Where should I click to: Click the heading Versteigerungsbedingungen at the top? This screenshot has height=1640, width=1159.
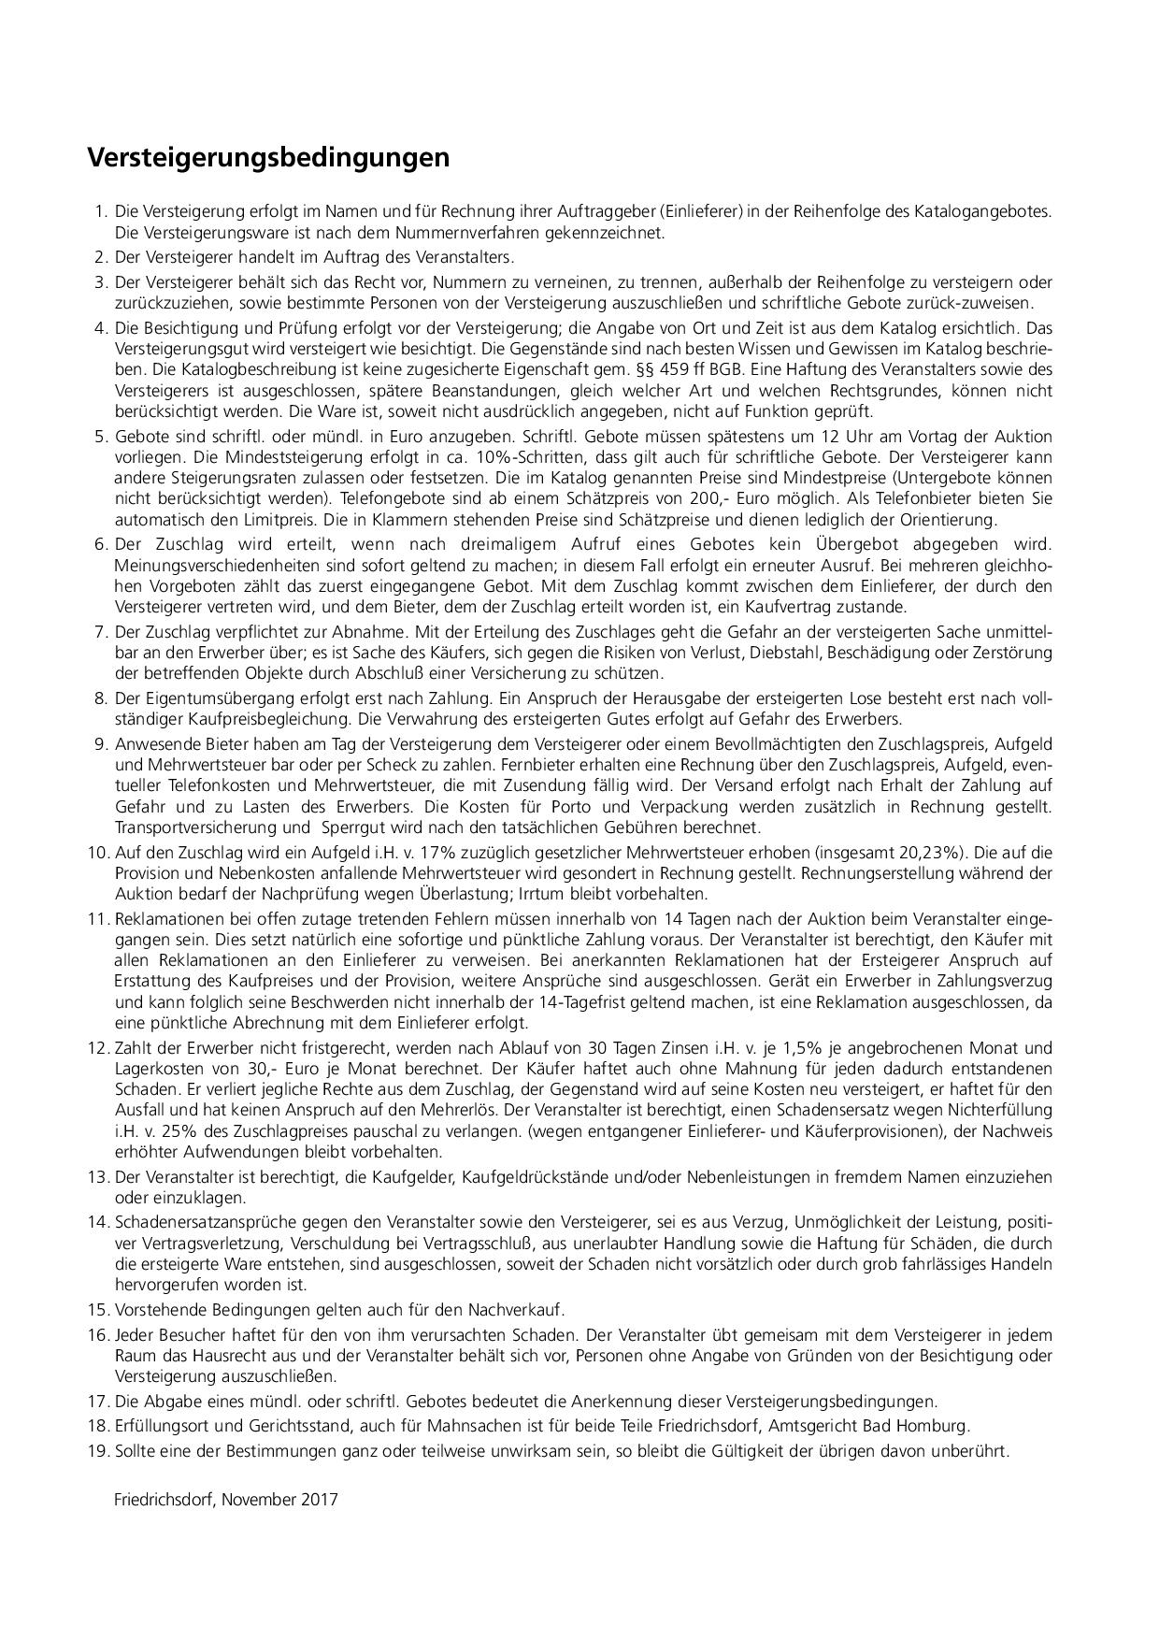click(268, 158)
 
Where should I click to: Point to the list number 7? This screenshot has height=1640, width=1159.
click(102, 632)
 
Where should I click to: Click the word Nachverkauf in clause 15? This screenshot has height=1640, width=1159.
click(520, 1309)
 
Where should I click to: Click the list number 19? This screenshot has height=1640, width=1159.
click(99, 1452)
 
